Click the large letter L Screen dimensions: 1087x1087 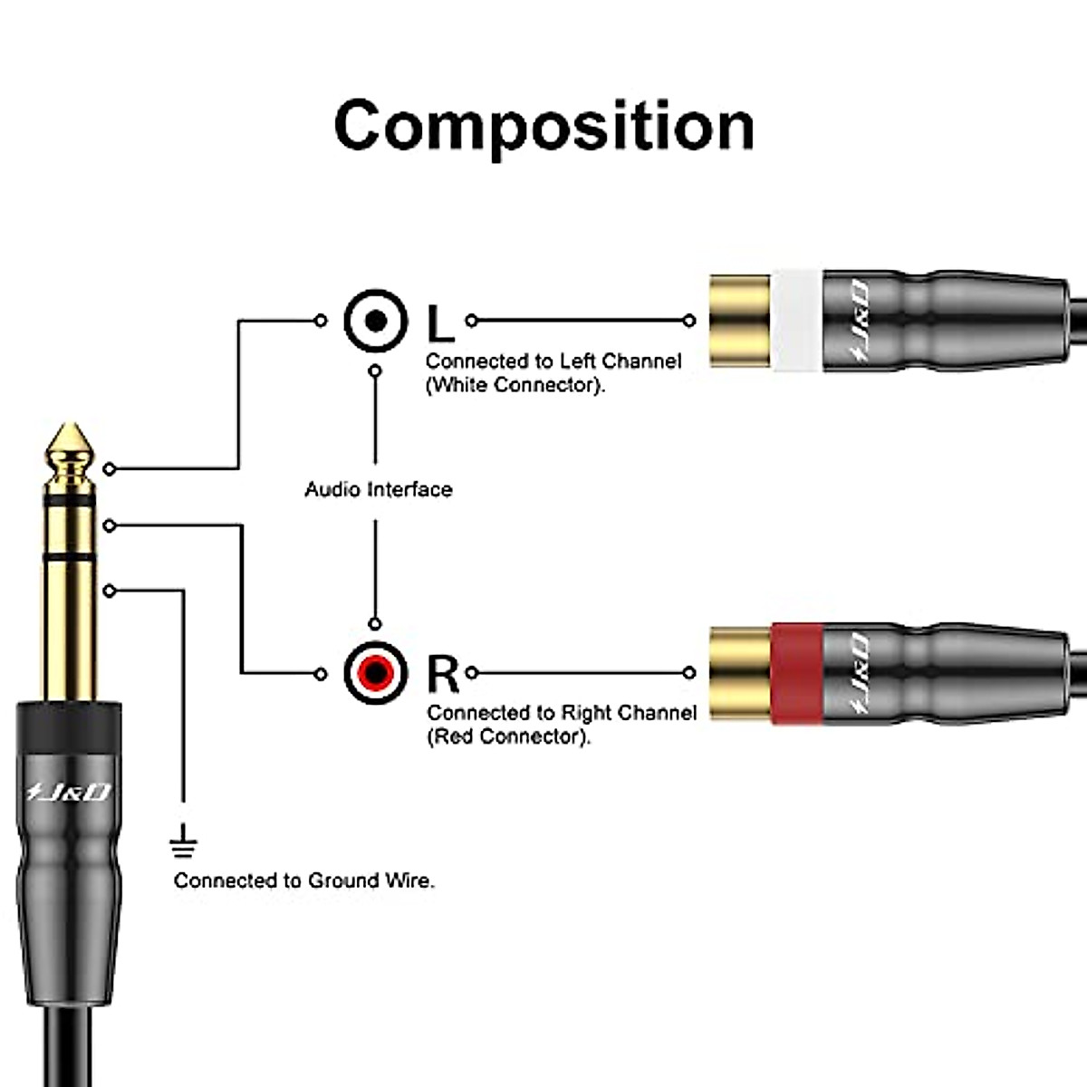pyautogui.click(x=441, y=322)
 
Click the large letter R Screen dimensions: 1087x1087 pyautogui.click(x=443, y=674)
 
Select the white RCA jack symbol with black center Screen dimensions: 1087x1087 pyautogui.click(x=376, y=321)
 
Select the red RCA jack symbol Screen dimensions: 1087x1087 pyautogui.click(x=376, y=673)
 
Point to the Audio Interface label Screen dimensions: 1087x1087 pyautogui.click(x=378, y=489)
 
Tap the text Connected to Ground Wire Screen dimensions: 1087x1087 pyautogui.click(x=303, y=880)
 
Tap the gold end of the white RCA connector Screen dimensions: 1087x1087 pyautogui.click(x=739, y=321)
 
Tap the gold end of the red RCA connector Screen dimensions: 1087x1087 pyautogui.click(x=739, y=673)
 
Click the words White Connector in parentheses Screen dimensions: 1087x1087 pyautogui.click(x=515, y=385)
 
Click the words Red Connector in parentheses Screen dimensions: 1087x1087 pyautogui.click(x=508, y=736)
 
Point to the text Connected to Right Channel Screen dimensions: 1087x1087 pyautogui.click(x=562, y=713)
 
